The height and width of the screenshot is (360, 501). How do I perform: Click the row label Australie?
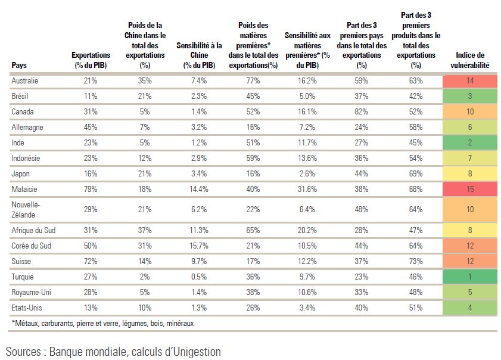(x=24, y=80)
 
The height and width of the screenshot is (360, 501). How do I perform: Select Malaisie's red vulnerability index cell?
(x=469, y=190)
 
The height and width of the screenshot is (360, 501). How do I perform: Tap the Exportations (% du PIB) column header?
(x=91, y=60)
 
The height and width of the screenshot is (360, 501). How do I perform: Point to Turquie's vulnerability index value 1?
(x=469, y=277)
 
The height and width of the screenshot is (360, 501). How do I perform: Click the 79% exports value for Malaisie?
(x=91, y=190)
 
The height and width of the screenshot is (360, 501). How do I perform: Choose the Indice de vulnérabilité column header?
(x=469, y=60)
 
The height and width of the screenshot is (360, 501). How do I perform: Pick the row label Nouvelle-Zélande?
(x=26, y=210)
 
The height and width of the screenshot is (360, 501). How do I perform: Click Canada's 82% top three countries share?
(x=362, y=112)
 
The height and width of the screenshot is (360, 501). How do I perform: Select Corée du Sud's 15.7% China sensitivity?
(x=199, y=246)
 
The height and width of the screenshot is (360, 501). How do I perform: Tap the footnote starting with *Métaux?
(x=102, y=324)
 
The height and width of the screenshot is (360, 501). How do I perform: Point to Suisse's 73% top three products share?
(x=416, y=262)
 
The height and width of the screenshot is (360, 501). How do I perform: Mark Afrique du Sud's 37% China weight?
(x=145, y=231)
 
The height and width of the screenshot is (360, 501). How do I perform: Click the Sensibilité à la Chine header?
(x=199, y=55)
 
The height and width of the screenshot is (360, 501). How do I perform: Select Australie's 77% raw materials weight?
(x=253, y=80)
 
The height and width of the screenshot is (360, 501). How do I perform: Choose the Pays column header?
(x=19, y=65)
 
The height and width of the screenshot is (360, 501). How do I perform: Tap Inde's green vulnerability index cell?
(x=469, y=142)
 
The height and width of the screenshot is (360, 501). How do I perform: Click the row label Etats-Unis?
(x=27, y=308)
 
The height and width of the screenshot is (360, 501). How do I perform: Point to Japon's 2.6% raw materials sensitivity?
(x=307, y=174)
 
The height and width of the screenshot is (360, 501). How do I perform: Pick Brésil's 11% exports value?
(x=91, y=96)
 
